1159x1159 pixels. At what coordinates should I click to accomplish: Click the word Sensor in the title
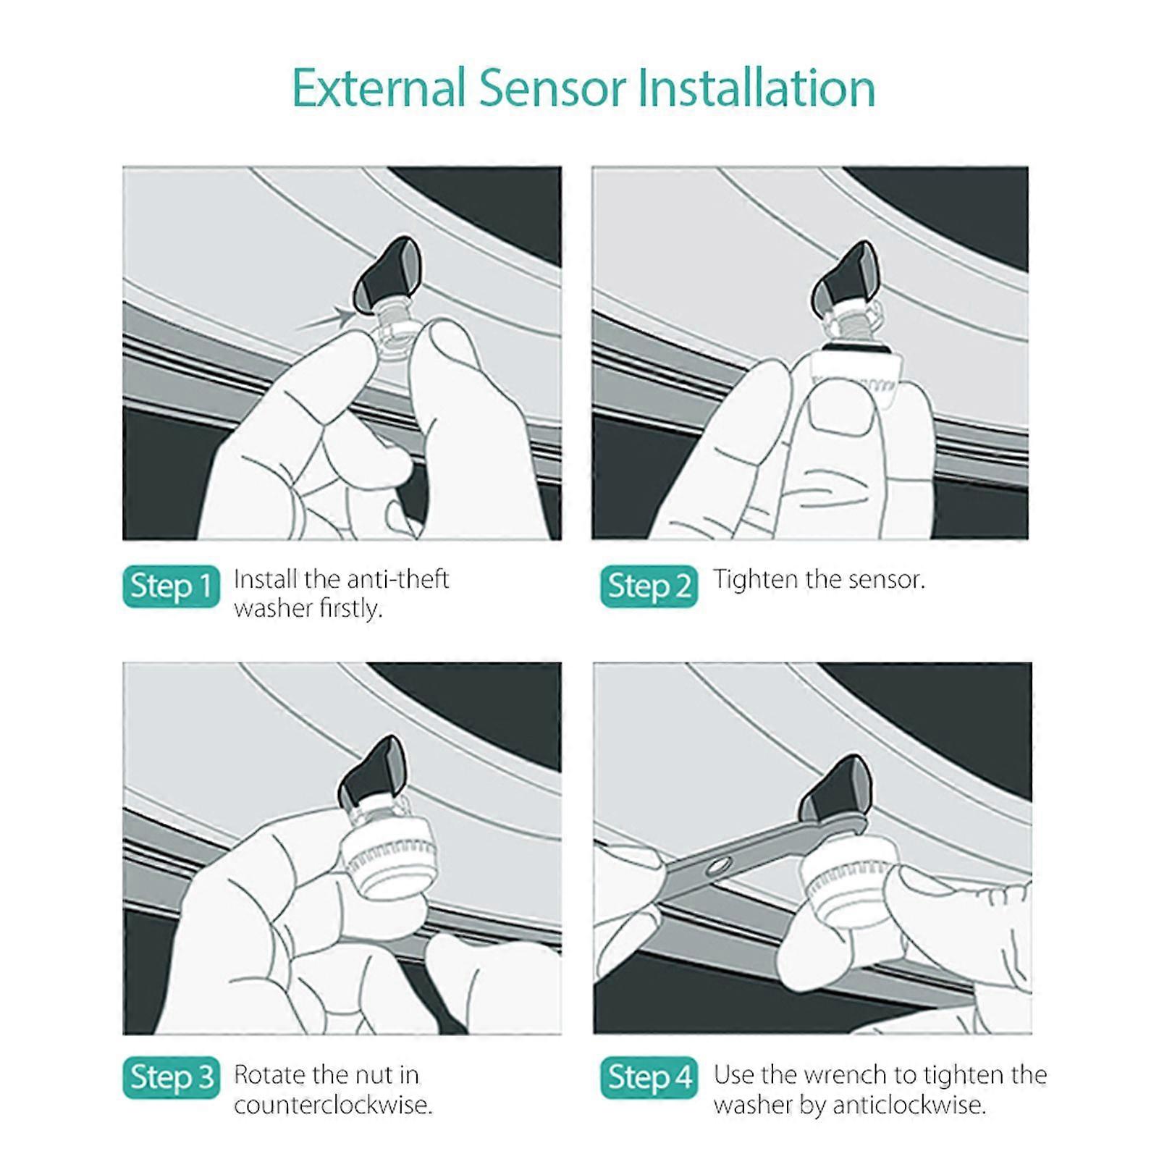point(552,88)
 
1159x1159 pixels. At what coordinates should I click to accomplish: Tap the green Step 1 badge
point(171,586)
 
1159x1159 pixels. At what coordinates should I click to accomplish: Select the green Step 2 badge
point(649,586)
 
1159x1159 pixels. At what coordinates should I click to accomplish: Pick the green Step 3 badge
point(171,1077)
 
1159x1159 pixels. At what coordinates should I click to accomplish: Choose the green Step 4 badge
point(649,1077)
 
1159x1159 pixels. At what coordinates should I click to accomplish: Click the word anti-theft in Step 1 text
point(397,579)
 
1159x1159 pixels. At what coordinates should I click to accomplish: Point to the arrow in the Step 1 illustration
point(326,320)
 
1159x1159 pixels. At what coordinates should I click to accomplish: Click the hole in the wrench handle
point(720,864)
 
